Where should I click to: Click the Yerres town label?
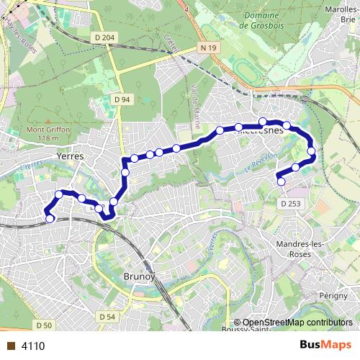click(x=70, y=156)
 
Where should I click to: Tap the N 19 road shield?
click(x=209, y=48)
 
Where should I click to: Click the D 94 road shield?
click(x=121, y=99)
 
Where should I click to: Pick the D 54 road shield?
click(x=107, y=317)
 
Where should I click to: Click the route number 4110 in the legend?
click(x=33, y=346)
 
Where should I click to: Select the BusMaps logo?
click(x=325, y=345)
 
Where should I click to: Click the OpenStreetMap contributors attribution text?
click(x=297, y=323)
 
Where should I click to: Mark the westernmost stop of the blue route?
click(x=50, y=218)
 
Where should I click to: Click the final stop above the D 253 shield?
click(x=281, y=181)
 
